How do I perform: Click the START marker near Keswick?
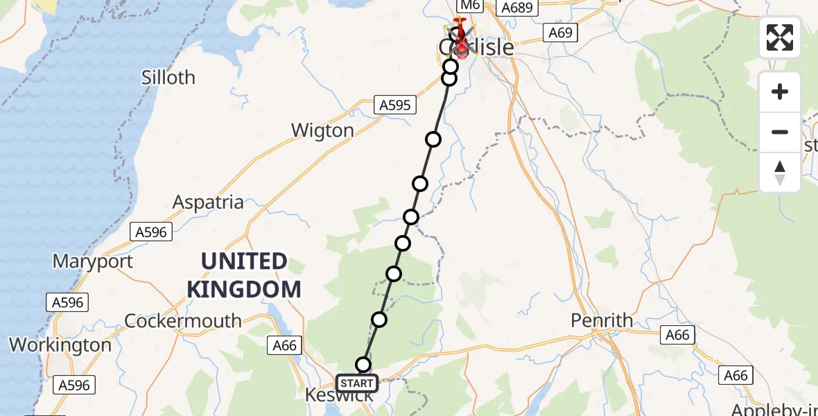[357, 383]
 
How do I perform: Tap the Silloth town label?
[168, 78]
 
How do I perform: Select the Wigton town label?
[322, 130]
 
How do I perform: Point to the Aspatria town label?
[208, 202]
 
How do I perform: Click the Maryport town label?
[93, 262]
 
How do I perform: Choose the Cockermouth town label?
[183, 321]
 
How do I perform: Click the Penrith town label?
[602, 320]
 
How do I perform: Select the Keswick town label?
[340, 396]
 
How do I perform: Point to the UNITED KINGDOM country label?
[245, 275]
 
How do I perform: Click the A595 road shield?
[394, 105]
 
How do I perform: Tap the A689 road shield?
[518, 8]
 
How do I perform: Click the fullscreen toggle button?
[780, 37]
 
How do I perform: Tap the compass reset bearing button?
[780, 173]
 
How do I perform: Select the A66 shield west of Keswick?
[284, 345]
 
